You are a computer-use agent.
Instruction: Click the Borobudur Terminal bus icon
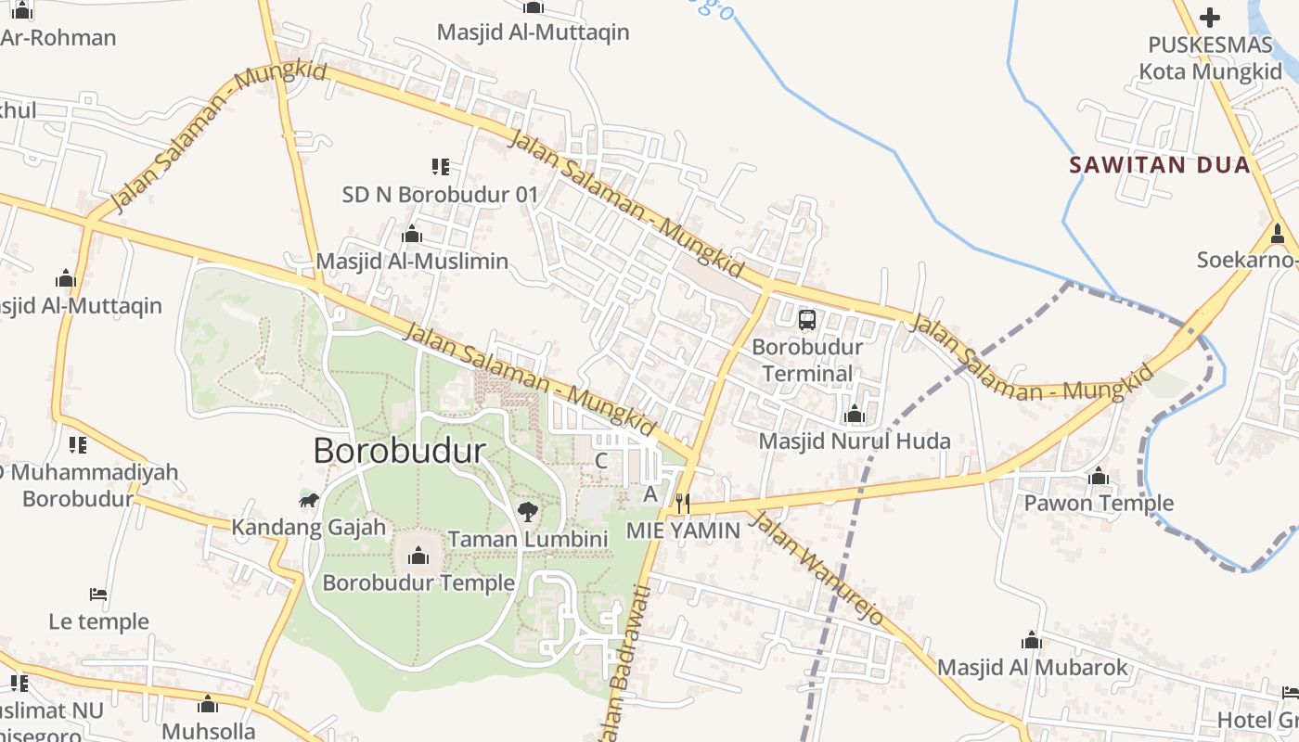[807, 320]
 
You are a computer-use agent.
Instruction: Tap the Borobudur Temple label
[418, 582]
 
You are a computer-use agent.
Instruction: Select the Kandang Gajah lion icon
[309, 501]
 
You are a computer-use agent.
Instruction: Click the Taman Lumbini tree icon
[528, 511]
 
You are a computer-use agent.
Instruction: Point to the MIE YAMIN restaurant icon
[683, 504]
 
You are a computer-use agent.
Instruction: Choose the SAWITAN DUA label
[1160, 165]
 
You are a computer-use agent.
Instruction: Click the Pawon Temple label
[1099, 504]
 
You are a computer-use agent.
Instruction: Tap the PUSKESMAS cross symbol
[1209, 17]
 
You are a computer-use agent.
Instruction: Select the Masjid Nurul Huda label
[855, 441]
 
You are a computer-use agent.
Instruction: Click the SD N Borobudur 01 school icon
[441, 167]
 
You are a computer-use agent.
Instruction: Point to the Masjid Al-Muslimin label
[412, 261]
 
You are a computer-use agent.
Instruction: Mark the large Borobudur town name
[399, 451]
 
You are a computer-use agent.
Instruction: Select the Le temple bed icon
[98, 594]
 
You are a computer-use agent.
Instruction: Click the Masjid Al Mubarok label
[1032, 667]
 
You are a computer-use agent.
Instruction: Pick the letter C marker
[601, 460]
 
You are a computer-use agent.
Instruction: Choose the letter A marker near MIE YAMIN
[650, 493]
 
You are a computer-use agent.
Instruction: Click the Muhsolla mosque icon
[208, 705]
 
